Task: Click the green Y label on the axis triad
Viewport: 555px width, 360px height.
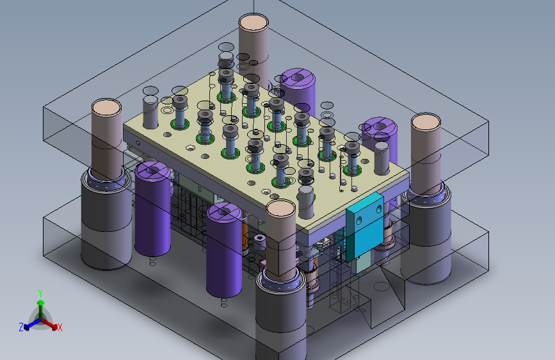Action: (40, 293)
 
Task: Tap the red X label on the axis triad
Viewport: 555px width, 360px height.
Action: (60, 327)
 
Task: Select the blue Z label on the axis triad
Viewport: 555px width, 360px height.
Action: (21, 327)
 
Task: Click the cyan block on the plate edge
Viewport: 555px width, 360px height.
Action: (366, 227)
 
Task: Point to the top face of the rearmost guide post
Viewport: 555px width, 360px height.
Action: (253, 24)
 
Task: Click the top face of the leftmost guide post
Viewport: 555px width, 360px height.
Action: (106, 108)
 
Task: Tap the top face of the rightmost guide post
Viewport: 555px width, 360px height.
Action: (426, 122)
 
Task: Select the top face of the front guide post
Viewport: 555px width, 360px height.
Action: (280, 209)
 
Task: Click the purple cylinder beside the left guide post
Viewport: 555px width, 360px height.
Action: (152, 208)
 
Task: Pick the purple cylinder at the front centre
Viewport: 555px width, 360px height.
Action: (224, 249)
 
